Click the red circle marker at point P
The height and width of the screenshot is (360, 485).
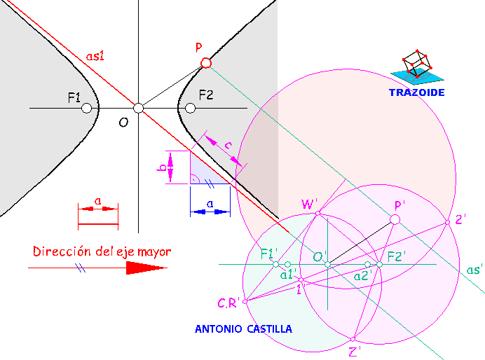pyautogui.click(x=205, y=63)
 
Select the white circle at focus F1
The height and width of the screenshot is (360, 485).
pyautogui.click(x=86, y=108)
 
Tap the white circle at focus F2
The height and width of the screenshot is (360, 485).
pyautogui.click(x=189, y=108)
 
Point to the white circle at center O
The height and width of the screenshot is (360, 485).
pyautogui.click(x=138, y=108)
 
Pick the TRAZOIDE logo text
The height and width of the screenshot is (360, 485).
pyautogui.click(x=417, y=91)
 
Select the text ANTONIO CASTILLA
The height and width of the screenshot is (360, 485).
pyautogui.click(x=243, y=328)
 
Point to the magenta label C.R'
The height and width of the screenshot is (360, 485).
pyautogui.click(x=228, y=303)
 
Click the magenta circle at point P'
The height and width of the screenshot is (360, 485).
pyautogui.click(x=395, y=220)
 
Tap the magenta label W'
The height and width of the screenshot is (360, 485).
pyautogui.click(x=309, y=204)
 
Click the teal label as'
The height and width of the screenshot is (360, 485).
pyautogui.click(x=474, y=270)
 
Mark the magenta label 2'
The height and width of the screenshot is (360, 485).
pyautogui.click(x=460, y=219)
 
